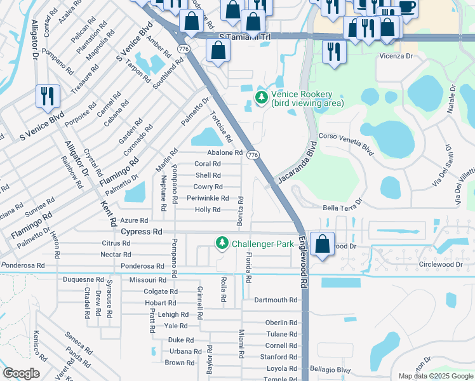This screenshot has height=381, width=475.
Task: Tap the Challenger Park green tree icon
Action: click(222, 243)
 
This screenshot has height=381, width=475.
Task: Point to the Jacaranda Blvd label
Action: click(297, 166)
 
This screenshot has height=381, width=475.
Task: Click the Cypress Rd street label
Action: click(142, 232)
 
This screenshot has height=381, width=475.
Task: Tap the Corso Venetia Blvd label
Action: click(346, 142)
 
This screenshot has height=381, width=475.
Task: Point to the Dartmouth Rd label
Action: click(276, 300)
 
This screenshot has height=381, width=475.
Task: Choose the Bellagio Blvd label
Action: click(330, 369)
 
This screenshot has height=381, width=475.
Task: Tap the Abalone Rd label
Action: click(225, 152)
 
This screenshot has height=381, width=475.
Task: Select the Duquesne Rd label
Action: click(83, 279)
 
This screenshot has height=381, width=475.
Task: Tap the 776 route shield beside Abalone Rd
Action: click(253, 155)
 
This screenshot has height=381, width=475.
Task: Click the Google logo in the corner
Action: click(21, 373)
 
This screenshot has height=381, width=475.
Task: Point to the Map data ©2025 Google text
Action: click(435, 376)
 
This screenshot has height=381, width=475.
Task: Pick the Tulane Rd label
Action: click(281, 334)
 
